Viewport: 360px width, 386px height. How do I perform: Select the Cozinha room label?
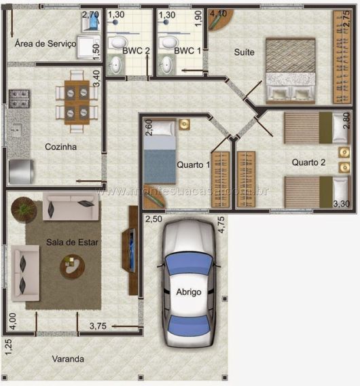tap(60, 147)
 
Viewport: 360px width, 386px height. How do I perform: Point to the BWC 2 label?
tap(136, 51)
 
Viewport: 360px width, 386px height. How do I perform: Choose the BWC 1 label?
tap(187, 51)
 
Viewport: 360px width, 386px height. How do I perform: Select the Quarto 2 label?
tap(308, 162)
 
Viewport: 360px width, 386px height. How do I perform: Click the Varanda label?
tap(69, 358)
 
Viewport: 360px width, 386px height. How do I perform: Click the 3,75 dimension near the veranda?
tap(100, 326)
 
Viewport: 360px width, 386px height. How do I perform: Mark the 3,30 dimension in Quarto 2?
tap(342, 203)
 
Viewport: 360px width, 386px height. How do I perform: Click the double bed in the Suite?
tap(290, 69)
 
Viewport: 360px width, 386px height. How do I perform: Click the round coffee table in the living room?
tap(72, 266)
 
